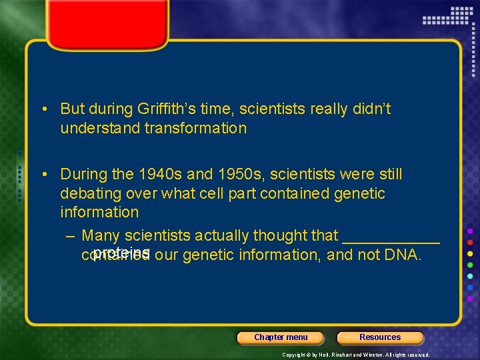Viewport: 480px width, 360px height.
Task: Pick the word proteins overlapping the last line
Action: pyautogui.click(x=121, y=251)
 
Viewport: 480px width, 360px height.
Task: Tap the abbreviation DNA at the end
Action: pyautogui.click(x=402, y=255)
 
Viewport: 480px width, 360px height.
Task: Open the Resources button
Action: pyautogui.click(x=380, y=337)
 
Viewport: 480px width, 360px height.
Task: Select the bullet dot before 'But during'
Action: pyautogui.click(x=42, y=109)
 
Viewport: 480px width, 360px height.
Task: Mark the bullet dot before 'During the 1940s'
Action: pyautogui.click(x=42, y=175)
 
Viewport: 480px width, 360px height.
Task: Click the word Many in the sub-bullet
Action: pyautogui.click(x=101, y=235)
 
